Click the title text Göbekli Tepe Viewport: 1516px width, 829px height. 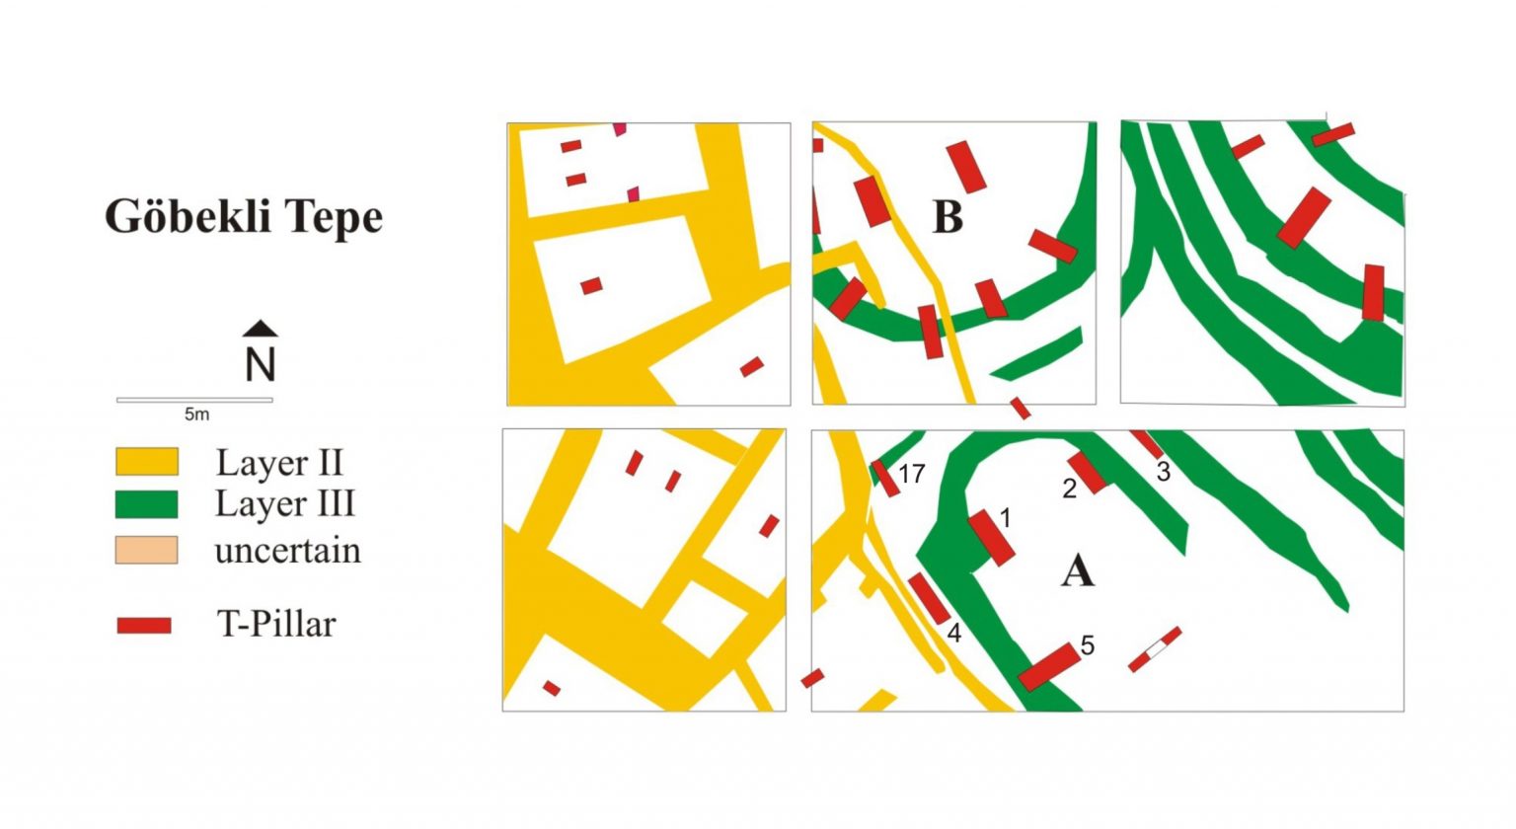tap(243, 217)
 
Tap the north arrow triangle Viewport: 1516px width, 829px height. tap(261, 329)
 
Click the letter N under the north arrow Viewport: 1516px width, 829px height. tap(261, 365)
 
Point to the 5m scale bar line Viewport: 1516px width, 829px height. tap(194, 400)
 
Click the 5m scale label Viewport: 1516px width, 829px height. tap(196, 414)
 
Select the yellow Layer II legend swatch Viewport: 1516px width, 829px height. tap(147, 462)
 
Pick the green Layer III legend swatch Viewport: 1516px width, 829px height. tap(147, 504)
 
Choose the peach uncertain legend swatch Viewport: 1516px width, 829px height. tap(147, 550)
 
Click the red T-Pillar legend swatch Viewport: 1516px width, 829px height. tap(144, 625)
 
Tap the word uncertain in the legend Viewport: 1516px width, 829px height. tap(287, 551)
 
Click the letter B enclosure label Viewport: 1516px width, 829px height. tap(947, 217)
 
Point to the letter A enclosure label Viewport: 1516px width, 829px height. tap(1077, 570)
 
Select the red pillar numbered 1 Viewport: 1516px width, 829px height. tap(991, 538)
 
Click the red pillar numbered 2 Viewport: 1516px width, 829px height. tap(1088, 472)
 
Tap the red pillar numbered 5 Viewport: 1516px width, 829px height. tap(1048, 667)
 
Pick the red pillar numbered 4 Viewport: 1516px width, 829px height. tap(928, 598)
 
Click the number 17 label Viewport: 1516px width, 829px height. tap(911, 474)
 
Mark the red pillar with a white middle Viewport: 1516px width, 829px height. tap(1155, 649)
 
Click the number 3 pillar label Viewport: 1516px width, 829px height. tap(1164, 472)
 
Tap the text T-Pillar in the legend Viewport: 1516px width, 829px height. tap(276, 625)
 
